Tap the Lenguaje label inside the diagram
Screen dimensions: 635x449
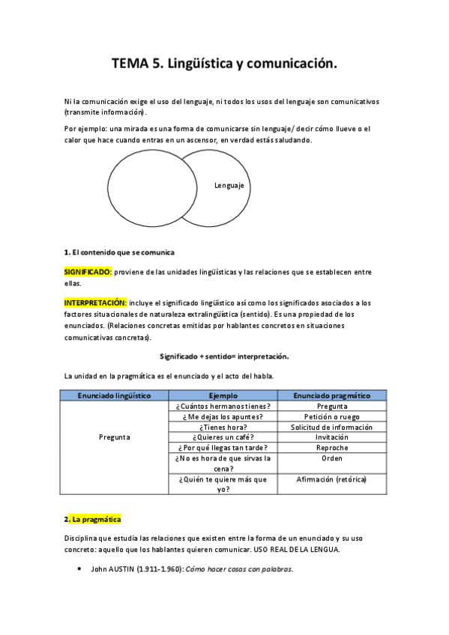[x=229, y=186]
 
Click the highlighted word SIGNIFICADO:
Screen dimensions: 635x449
[x=88, y=272]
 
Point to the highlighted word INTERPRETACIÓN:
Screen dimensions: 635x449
[x=95, y=303]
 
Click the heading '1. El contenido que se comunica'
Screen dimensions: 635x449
[x=119, y=252]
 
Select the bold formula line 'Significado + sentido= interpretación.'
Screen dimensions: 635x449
[x=224, y=356]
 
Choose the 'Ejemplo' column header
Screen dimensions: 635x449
[x=224, y=395]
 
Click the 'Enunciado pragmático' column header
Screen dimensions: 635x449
[x=332, y=395]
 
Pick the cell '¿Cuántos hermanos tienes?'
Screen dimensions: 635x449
[x=223, y=406]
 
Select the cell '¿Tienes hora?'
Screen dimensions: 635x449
[x=223, y=427]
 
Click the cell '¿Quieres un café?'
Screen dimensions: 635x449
[x=223, y=437]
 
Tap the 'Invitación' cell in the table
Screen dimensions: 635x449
[x=332, y=437]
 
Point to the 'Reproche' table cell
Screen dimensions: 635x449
[x=332, y=448]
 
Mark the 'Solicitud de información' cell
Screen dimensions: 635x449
[x=332, y=427]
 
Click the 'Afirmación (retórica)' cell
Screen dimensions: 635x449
[x=332, y=479]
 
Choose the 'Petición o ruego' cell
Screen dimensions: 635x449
[x=332, y=416]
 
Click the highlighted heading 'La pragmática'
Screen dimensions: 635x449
[x=96, y=519]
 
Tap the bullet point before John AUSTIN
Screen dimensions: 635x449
[x=80, y=569]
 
